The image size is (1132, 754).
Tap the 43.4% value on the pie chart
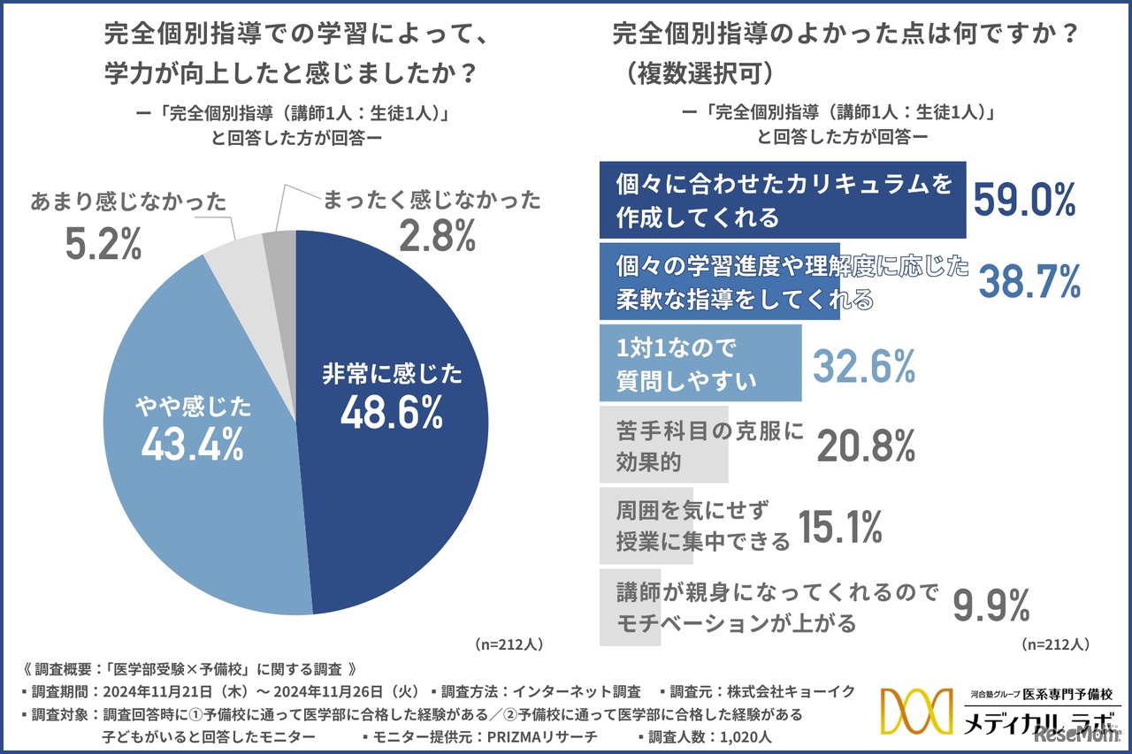[192, 445]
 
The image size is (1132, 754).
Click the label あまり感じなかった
[128, 202]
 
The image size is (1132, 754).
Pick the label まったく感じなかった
[431, 200]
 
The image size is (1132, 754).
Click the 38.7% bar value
[1029, 281]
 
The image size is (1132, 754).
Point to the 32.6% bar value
[863, 365]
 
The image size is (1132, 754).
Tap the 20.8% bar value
[865, 446]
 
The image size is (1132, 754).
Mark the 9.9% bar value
[990, 607]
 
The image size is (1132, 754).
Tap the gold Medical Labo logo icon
[915, 711]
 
